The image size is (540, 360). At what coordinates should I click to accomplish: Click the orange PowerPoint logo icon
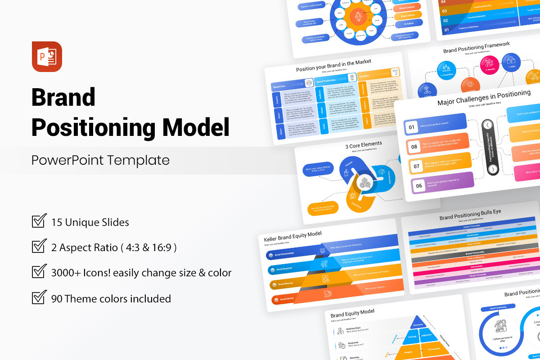[47, 56]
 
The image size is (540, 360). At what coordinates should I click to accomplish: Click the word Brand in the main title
[63, 97]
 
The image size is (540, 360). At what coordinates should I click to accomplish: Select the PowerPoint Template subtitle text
[100, 160]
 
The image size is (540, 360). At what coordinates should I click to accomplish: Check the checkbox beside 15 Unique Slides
[39, 221]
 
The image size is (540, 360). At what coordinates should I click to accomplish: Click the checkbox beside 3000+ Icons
[39, 272]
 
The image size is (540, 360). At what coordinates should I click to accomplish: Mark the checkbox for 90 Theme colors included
[39, 297]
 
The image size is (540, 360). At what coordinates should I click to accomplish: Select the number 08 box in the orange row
[414, 147]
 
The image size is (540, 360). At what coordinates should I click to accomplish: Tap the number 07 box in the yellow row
[417, 166]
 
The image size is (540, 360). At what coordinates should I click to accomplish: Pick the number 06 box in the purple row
[419, 185]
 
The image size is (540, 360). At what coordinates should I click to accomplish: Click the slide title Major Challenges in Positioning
[484, 98]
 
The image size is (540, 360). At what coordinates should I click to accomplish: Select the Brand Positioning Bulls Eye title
[470, 215]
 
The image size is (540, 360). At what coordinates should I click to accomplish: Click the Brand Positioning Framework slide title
[476, 47]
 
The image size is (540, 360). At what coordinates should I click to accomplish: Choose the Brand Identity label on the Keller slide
[287, 299]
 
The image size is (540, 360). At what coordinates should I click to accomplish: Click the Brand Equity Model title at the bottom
[352, 313]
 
